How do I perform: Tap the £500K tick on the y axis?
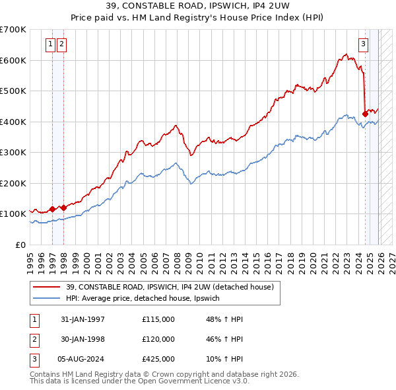coord(13,91)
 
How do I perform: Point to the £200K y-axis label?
coord(13,183)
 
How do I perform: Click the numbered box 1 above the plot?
coord(51,44)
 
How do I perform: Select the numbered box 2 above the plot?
coord(61,44)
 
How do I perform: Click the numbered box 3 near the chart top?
coord(363,44)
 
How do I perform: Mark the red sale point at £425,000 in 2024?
coord(365,114)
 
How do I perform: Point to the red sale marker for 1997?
coord(53,209)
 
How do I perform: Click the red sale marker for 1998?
coord(64,208)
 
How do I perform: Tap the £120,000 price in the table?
coord(158,339)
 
